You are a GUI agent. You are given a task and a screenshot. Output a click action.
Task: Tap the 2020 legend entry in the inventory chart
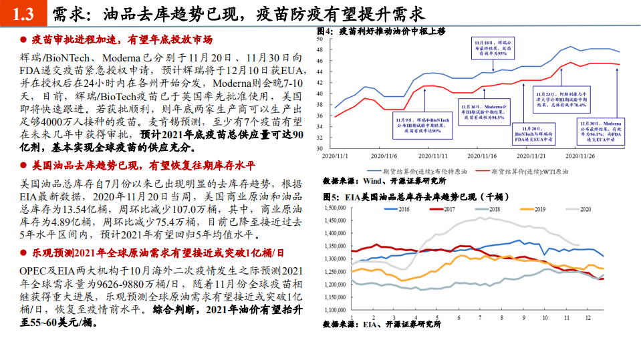click(576, 209)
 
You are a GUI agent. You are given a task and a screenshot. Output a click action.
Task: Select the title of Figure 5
click(405, 197)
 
